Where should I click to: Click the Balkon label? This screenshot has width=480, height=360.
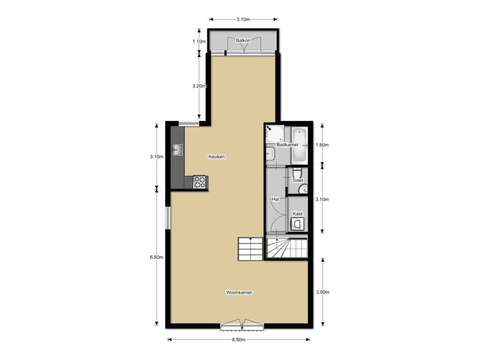(243, 41)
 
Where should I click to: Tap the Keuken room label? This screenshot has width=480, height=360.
(217, 157)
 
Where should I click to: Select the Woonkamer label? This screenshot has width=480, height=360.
(239, 292)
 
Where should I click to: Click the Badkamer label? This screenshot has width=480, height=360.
(287, 145)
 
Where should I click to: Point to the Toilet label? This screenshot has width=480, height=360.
(298, 180)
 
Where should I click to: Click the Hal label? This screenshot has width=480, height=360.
(276, 199)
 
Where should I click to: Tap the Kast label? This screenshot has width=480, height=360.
(298, 214)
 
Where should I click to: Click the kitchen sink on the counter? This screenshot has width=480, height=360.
(178, 150)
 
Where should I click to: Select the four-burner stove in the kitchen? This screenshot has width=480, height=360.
(200, 182)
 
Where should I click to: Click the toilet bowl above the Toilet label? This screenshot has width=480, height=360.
(297, 172)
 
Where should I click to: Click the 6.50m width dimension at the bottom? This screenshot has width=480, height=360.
(239, 340)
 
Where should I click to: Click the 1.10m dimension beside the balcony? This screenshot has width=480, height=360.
(199, 41)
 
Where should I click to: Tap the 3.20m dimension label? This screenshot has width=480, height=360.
(199, 86)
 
